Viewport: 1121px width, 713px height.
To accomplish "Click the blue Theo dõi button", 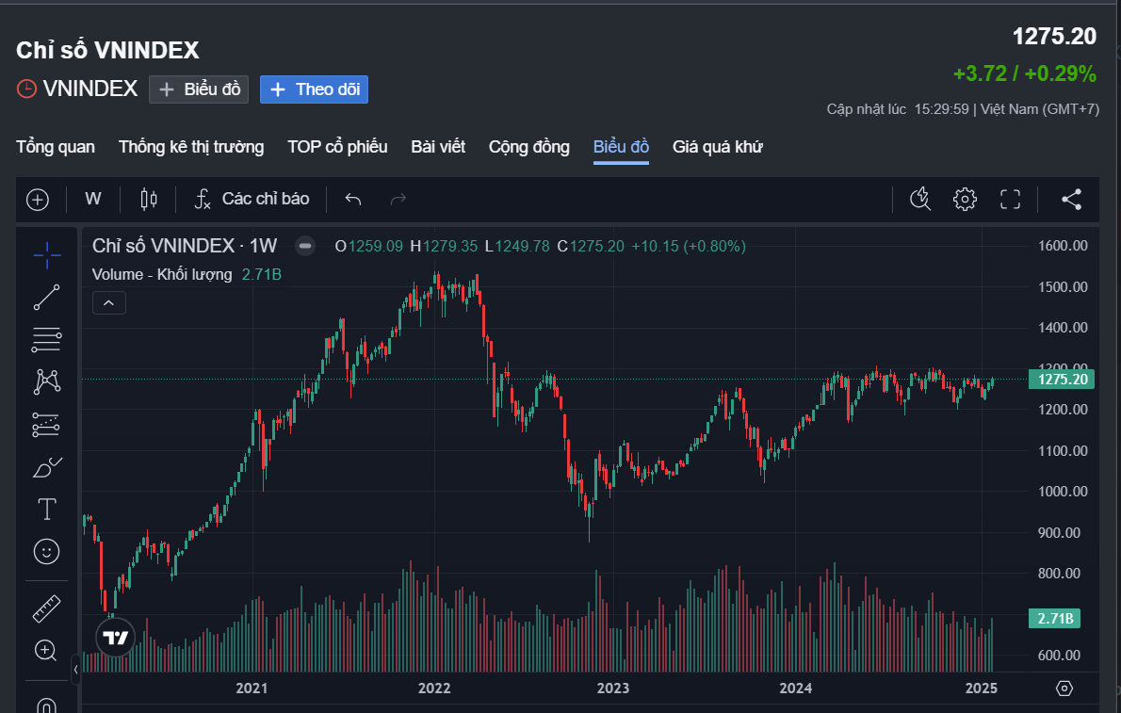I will tap(314, 89).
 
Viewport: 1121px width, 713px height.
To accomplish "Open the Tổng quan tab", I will tap(56, 147).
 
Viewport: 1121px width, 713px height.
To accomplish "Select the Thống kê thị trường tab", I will tap(191, 147).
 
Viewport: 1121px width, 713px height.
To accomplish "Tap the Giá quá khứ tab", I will tap(717, 147).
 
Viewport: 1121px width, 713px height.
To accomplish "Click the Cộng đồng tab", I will tap(528, 147).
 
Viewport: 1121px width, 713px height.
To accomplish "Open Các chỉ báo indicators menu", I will tap(252, 199).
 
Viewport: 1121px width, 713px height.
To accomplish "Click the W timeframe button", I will tap(93, 199).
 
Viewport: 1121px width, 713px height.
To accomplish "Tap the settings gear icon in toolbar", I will tap(965, 199).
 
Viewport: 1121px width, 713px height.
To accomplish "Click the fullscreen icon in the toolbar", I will tap(1010, 199).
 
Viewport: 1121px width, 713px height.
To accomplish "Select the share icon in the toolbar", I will tap(1071, 199).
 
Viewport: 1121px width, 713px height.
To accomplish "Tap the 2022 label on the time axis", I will tap(434, 689).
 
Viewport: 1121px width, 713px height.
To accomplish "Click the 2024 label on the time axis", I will tap(796, 689).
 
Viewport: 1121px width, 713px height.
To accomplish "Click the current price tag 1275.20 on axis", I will tap(1062, 380).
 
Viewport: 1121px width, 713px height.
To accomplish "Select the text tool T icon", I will tap(46, 510).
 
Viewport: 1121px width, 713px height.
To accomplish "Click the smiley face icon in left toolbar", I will tap(46, 551).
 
